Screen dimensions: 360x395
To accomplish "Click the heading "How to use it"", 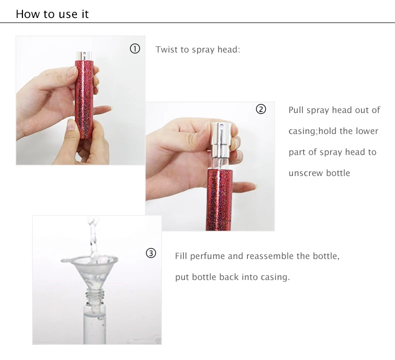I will [x=52, y=14].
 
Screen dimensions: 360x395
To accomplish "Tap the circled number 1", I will [x=134, y=48].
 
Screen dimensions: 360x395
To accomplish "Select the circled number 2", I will [x=261, y=109].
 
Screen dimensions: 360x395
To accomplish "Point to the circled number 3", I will [x=151, y=253].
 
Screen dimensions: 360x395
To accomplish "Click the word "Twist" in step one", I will [x=167, y=49].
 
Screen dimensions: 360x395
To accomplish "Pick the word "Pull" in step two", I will [x=296, y=110].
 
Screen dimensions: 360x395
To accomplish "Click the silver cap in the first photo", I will [x=82, y=54].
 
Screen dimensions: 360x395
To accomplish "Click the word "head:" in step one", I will [x=229, y=49].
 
